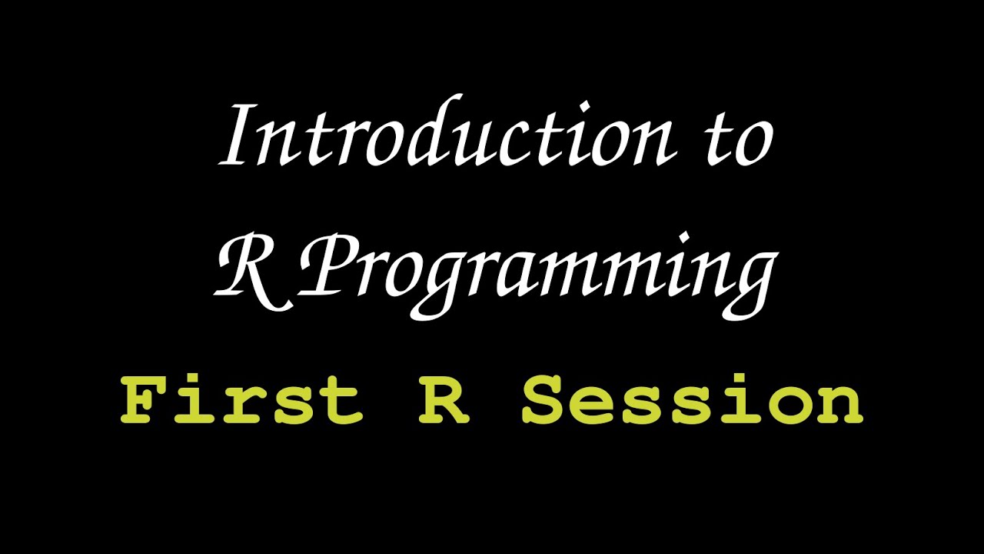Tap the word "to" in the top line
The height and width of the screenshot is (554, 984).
click(740, 142)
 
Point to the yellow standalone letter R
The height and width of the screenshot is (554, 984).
click(444, 400)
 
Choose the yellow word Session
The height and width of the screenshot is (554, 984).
click(693, 400)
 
